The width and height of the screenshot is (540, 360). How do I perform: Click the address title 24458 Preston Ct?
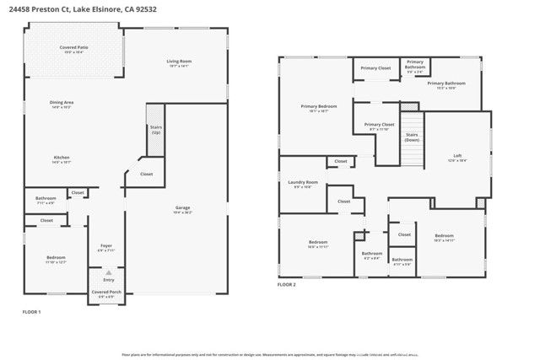(83, 9)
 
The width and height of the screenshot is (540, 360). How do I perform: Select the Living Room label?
(178, 62)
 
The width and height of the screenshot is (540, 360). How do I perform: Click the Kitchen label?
(62, 159)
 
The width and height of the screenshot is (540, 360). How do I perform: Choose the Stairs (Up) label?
(155, 130)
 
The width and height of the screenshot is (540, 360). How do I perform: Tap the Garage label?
(182, 208)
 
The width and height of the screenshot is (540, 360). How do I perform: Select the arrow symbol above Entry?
(108, 271)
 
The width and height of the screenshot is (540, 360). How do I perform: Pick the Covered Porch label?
(106, 291)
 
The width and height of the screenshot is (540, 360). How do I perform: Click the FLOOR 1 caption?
(31, 312)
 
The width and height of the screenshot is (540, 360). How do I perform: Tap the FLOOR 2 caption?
(287, 285)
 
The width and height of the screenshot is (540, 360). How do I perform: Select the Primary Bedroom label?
(318, 107)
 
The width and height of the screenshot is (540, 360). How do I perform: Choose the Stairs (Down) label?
(413, 137)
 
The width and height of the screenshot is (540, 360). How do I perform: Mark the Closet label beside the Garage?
(146, 175)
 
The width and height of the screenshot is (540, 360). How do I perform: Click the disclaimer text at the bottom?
(276, 355)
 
